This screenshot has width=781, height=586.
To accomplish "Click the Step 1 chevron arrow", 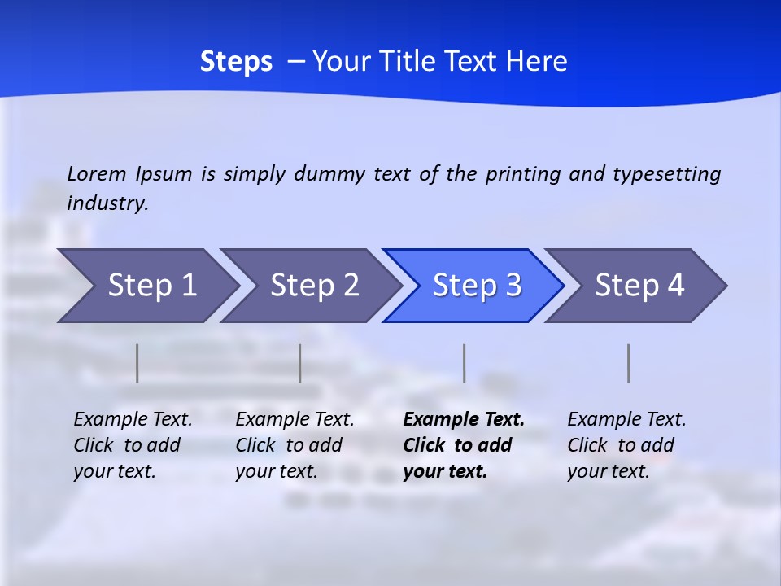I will (x=151, y=286).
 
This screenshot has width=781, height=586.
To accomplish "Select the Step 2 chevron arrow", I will (x=314, y=286).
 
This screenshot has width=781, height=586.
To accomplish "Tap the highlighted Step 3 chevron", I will (x=477, y=286).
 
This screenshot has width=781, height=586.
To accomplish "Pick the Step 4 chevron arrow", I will (x=639, y=286).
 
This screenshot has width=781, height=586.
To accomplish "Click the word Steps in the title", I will (x=236, y=62).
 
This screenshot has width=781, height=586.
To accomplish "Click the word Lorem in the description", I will (x=96, y=173).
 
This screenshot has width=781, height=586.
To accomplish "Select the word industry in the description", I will (x=107, y=203).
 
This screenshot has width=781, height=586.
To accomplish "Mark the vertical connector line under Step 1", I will (x=137, y=363).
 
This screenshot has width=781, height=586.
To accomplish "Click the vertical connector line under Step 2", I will (x=300, y=363).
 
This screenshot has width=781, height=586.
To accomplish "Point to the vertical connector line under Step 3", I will (x=465, y=363).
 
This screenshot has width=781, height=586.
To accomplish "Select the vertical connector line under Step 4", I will (x=629, y=363).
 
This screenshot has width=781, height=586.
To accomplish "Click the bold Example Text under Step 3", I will (x=464, y=420).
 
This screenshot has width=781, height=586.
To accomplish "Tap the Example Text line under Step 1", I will (x=133, y=420).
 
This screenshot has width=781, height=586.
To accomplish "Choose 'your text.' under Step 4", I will (x=608, y=471).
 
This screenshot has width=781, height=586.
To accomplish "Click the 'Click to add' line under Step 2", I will (x=289, y=445).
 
